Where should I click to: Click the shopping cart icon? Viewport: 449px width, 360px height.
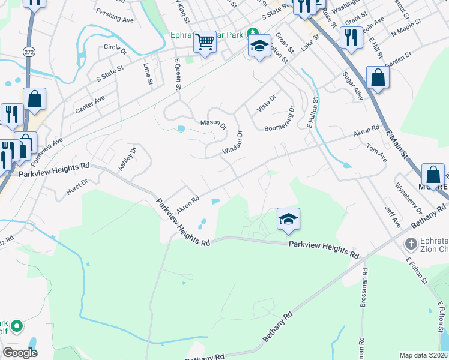pos(205,41)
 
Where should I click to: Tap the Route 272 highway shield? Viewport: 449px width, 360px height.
pos(29,52)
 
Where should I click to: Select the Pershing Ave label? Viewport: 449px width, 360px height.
pos(115,19)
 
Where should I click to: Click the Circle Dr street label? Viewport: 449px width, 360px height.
pos(115,47)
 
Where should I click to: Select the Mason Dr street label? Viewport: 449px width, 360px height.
pos(213,124)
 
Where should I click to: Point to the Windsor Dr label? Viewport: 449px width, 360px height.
pos(232,143)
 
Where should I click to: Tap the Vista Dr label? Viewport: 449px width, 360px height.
pos(266,103)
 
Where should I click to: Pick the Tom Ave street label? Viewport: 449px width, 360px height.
pos(376,150)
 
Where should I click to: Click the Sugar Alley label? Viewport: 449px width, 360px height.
pos(352,85)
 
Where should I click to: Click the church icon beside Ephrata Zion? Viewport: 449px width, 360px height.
pos(411,244)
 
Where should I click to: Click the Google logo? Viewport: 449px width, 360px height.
pos(20,353)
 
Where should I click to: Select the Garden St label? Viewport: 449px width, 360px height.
pos(398,59)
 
